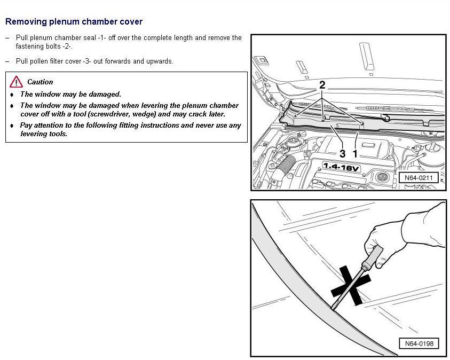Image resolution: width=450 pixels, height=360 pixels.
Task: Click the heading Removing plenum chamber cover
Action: [x=74, y=21]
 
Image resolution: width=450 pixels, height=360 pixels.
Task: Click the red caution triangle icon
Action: [x=16, y=82]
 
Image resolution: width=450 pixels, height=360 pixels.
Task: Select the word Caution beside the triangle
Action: [x=40, y=82]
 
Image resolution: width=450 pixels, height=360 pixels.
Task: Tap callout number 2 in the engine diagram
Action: [x=322, y=85]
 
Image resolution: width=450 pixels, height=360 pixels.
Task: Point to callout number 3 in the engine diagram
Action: [x=342, y=154]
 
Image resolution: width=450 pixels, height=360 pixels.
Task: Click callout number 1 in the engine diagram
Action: [x=355, y=154]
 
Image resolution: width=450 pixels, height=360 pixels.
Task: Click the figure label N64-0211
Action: [x=419, y=178]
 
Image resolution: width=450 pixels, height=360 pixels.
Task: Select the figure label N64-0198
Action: [x=419, y=343]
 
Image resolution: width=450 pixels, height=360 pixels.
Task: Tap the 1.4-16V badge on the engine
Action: [x=341, y=167]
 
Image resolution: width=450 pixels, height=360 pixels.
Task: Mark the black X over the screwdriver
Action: [x=351, y=286]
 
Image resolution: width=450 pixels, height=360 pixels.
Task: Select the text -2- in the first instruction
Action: [x=67, y=46]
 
